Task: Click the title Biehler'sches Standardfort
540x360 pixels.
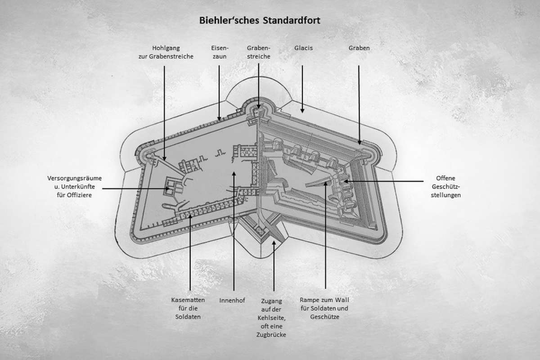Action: [x=260, y=21]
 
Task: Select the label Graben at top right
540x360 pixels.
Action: [x=359, y=48]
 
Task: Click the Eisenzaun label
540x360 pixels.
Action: [x=220, y=52]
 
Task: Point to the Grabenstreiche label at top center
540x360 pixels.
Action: [x=258, y=52]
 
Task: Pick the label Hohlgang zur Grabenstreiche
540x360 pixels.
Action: [x=166, y=52]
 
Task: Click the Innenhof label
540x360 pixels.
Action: [x=232, y=300]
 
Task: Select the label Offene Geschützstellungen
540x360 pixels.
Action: [x=445, y=186]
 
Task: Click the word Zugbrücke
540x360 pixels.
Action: [x=274, y=335]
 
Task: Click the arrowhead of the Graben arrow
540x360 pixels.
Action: [x=359, y=143]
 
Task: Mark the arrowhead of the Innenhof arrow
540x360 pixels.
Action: [x=234, y=172]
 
